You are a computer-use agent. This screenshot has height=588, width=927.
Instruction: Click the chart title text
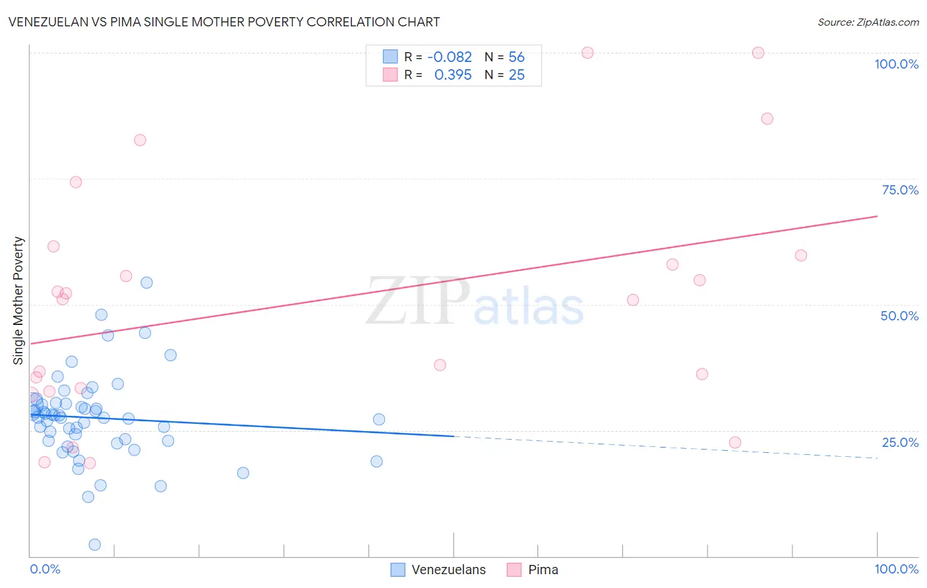point(224,22)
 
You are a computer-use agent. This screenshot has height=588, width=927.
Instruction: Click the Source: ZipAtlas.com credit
point(868,22)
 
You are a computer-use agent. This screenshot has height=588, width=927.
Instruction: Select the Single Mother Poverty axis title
point(18,301)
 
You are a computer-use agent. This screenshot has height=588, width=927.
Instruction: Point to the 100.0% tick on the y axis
point(896,64)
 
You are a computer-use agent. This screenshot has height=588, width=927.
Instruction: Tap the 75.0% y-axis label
point(900,190)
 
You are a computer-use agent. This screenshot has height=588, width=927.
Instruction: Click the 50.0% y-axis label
point(899,316)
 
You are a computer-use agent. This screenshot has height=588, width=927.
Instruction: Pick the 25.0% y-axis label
point(900,442)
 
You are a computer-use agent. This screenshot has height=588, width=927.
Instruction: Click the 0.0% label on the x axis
point(45,569)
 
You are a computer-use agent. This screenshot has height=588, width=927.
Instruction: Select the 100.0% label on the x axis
point(896,569)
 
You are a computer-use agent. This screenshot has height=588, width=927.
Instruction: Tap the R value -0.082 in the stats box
point(450,57)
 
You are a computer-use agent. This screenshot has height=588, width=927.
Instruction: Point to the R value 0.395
point(453,75)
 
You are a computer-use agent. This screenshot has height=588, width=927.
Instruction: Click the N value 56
point(516,57)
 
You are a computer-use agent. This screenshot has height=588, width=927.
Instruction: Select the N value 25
point(516,75)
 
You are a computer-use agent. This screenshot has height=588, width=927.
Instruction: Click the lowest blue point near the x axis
point(95,544)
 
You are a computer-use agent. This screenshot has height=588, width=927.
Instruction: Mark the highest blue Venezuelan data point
point(146,283)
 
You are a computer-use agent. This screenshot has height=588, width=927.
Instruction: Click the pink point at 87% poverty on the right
point(767,119)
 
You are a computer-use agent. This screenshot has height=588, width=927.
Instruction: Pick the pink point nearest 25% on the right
point(735,442)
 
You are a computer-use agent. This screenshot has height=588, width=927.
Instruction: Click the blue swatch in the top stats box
point(390,57)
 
